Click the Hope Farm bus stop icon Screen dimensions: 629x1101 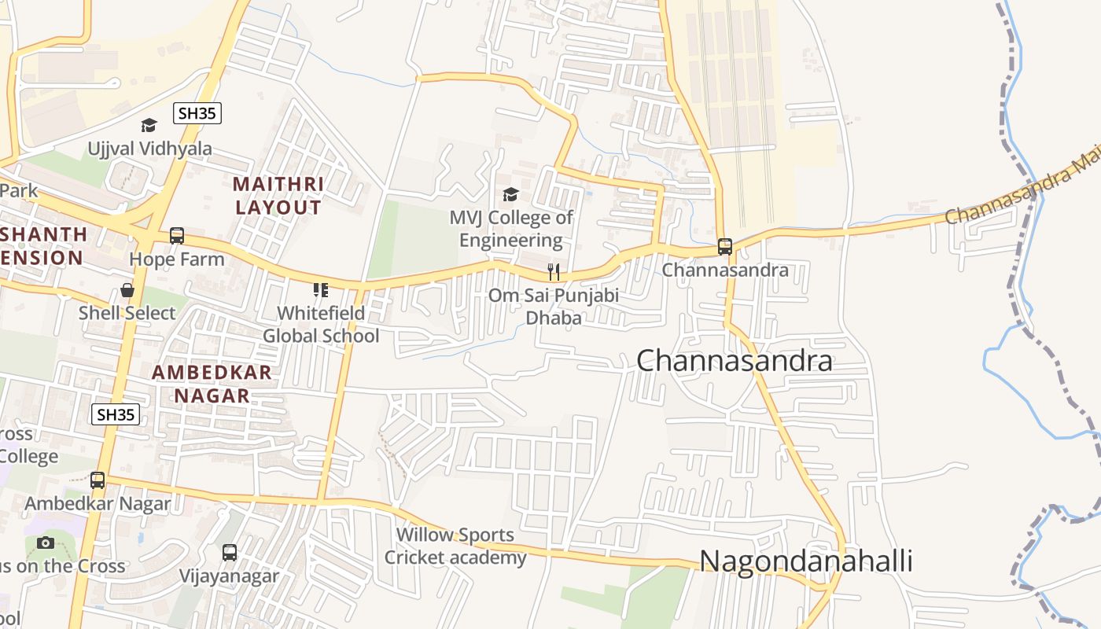(x=177, y=236)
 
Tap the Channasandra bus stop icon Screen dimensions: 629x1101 (x=724, y=247)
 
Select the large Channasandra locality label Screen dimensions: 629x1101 (x=734, y=361)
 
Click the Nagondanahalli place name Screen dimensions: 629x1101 (x=805, y=561)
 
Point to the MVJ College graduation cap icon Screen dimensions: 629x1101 (x=510, y=194)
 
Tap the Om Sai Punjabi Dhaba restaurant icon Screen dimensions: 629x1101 (x=554, y=272)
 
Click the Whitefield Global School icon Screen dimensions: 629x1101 (x=320, y=290)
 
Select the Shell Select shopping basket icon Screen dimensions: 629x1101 (x=127, y=290)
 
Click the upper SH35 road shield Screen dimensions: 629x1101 (x=197, y=113)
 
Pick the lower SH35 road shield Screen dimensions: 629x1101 (x=116, y=414)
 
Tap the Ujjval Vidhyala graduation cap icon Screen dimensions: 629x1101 (x=149, y=126)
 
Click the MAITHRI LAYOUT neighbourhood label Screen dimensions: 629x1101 (x=278, y=196)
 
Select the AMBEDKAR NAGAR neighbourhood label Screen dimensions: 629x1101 (x=212, y=384)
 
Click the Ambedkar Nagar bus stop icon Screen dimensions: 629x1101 (x=98, y=480)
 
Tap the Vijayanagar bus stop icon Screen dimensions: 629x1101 (x=229, y=553)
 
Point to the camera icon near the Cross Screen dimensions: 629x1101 (x=46, y=543)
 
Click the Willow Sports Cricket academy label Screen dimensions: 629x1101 (x=455, y=546)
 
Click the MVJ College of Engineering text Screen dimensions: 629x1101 (x=511, y=229)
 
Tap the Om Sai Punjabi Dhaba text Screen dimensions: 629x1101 (x=554, y=307)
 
